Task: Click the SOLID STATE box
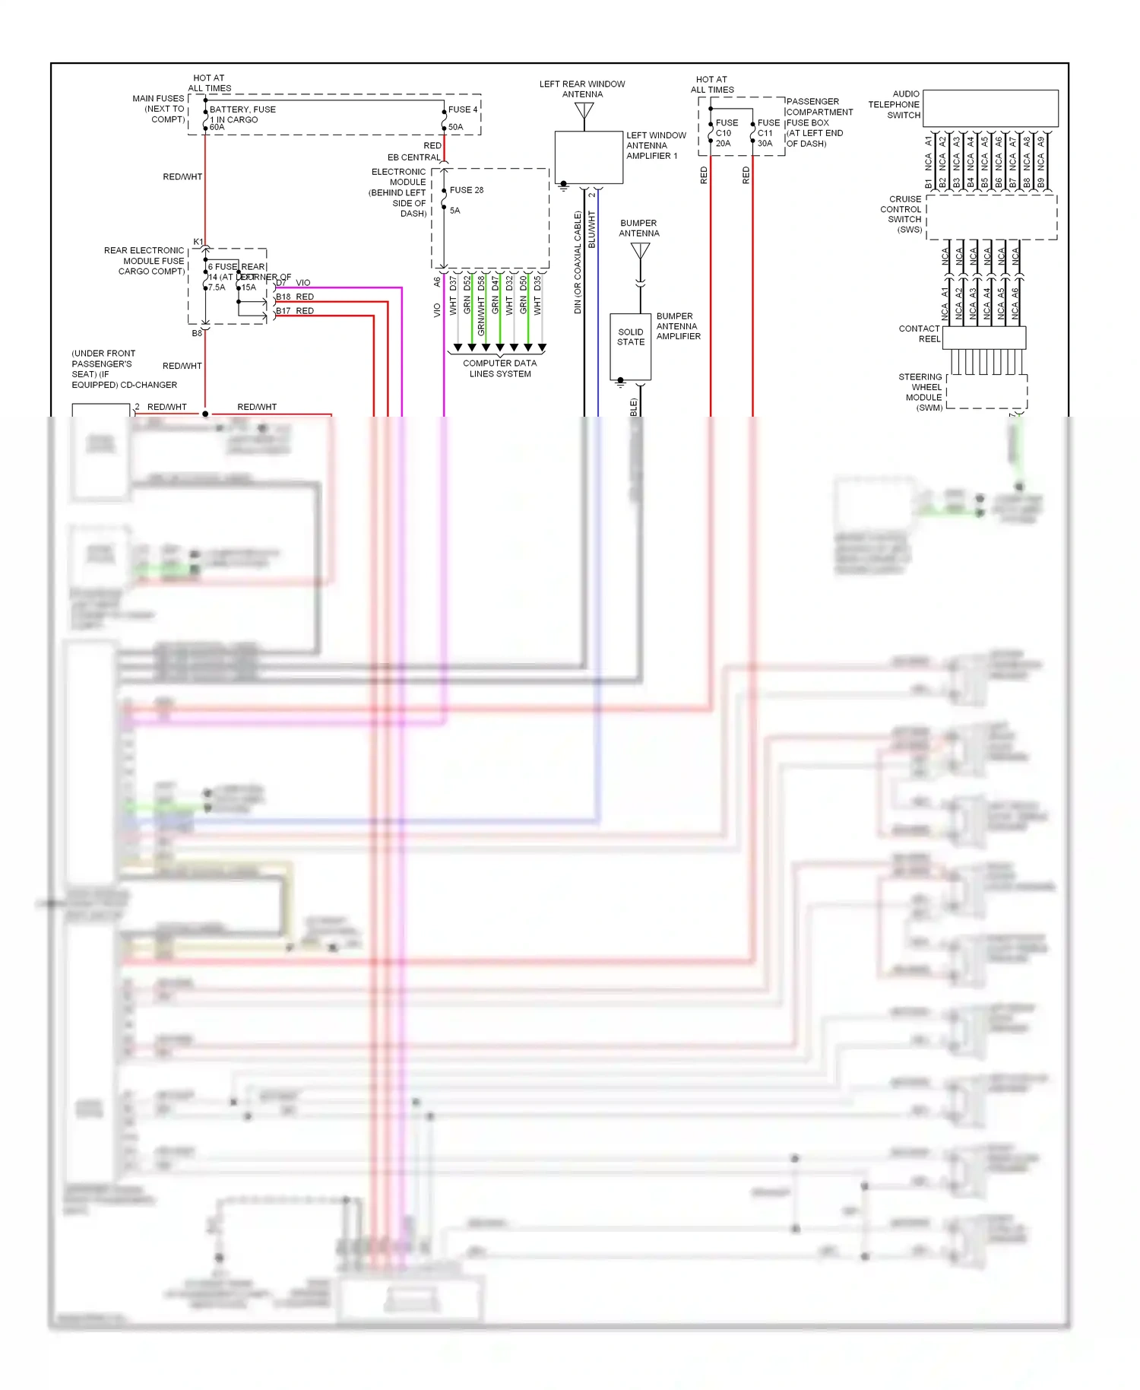(x=630, y=346)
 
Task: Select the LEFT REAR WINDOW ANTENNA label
(x=582, y=89)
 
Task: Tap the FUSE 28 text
(x=466, y=190)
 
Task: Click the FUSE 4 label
(x=463, y=109)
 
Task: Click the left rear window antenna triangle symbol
(x=584, y=111)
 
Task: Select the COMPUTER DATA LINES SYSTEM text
(x=500, y=369)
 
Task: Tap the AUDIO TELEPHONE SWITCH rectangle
(x=990, y=108)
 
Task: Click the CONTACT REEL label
(x=920, y=334)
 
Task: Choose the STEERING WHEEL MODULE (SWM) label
(x=922, y=392)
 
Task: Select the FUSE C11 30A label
(x=767, y=133)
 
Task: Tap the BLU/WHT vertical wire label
(x=592, y=229)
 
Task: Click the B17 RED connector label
(x=295, y=311)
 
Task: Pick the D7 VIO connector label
(x=293, y=283)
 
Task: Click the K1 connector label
(x=198, y=242)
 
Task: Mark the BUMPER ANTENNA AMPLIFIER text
(x=677, y=326)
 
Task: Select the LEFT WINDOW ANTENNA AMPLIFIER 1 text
(x=654, y=146)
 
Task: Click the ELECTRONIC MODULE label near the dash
(x=400, y=192)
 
